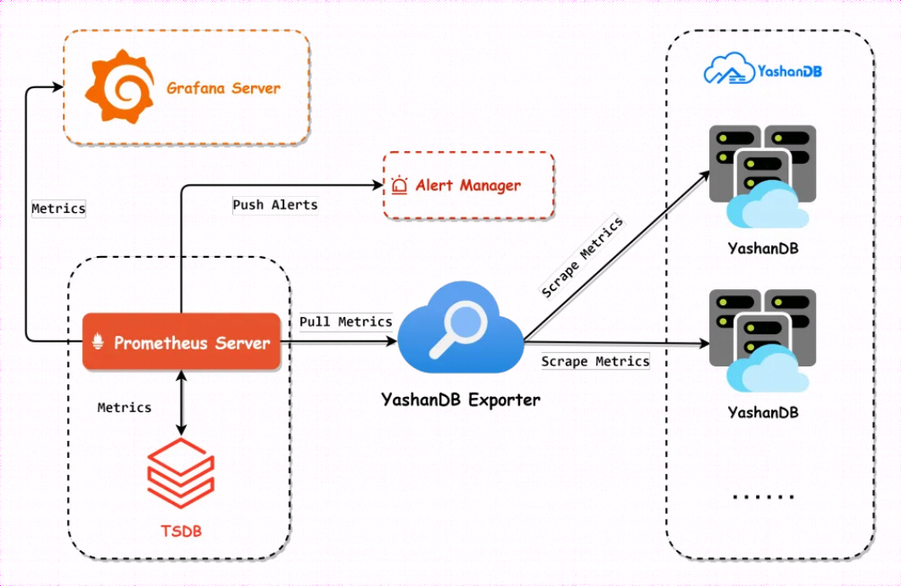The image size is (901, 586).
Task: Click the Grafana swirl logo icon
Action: point(119,87)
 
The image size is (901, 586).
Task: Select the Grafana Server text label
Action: point(223,88)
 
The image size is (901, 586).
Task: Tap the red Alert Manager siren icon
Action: point(400,186)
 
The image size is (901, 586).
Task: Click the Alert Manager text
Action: point(467,186)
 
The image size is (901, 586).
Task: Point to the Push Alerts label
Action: point(275,204)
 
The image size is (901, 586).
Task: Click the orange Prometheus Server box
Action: point(181,342)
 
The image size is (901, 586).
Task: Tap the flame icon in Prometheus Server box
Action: point(98,343)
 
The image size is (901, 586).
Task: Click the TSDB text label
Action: point(182,532)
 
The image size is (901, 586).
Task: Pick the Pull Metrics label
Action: point(345,321)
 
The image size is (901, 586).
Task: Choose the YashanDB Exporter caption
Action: point(461,399)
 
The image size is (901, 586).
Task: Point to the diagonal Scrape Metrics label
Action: point(582,258)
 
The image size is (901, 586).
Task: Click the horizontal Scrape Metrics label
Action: point(596,361)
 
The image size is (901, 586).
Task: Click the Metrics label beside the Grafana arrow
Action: point(59,208)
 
